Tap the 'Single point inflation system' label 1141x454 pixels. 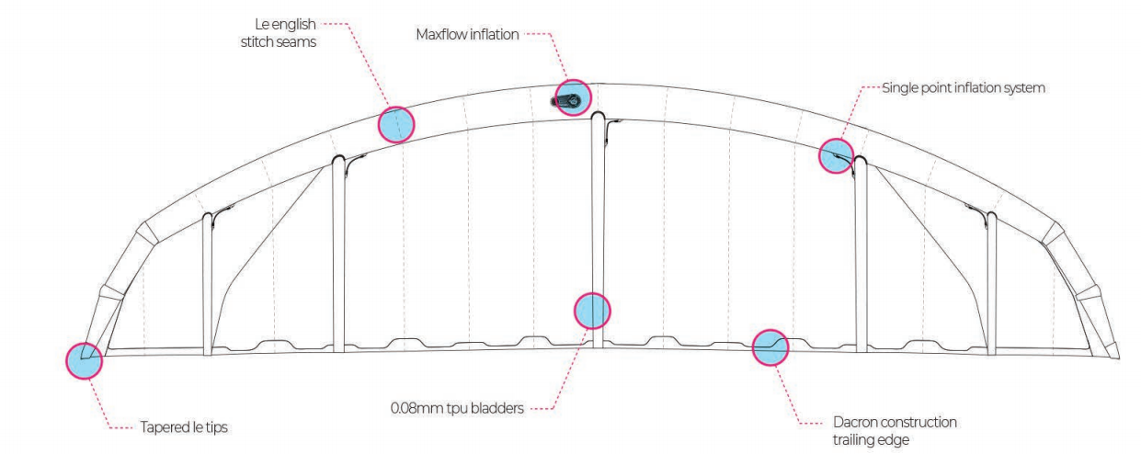pyautogui.click(x=964, y=88)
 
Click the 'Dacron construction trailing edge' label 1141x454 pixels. pyautogui.click(x=896, y=430)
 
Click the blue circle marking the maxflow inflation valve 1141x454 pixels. pyautogui.click(x=572, y=96)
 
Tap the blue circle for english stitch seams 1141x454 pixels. pyautogui.click(x=396, y=123)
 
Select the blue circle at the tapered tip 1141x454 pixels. pyautogui.click(x=84, y=359)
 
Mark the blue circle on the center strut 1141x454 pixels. pyautogui.click(x=592, y=311)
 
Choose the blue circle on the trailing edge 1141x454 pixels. pyautogui.click(x=770, y=346)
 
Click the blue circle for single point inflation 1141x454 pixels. pyautogui.click(x=836, y=155)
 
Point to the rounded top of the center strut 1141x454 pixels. pyautogui.click(x=599, y=118)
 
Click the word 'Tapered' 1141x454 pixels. pyautogui.click(x=163, y=426)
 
